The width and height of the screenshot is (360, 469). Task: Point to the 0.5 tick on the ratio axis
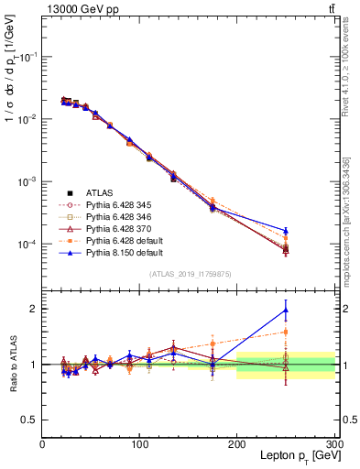(29, 420)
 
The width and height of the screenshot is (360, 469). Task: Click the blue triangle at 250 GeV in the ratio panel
(286, 310)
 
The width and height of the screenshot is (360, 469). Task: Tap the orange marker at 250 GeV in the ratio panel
(286, 332)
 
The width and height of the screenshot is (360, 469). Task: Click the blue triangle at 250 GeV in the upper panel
(286, 231)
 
